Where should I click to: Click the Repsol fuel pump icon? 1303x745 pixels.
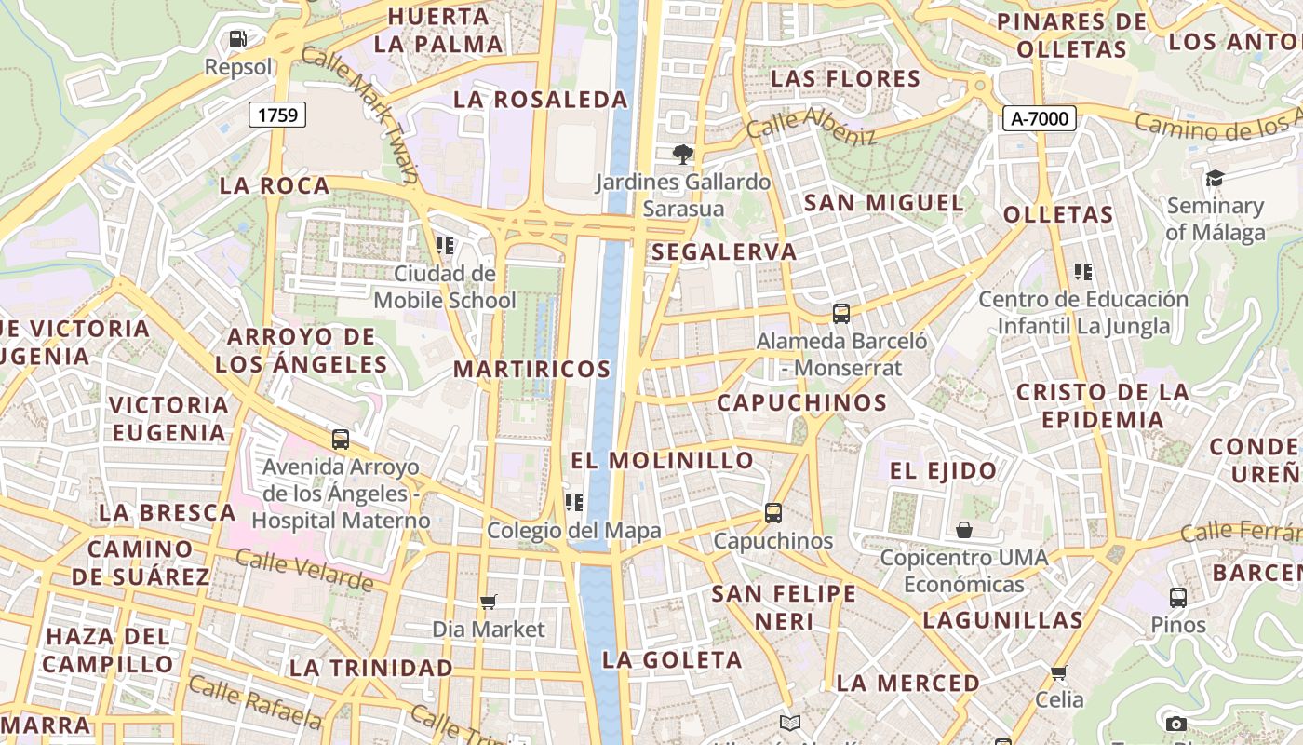coord(238,39)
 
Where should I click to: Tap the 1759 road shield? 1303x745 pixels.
coord(277,115)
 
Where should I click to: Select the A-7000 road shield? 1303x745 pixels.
coord(1040,118)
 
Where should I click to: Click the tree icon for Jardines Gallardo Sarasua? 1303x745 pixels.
coord(683,154)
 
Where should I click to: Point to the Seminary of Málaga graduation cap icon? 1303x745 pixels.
coord(1215,178)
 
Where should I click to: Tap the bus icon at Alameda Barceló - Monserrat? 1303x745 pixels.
coord(841,314)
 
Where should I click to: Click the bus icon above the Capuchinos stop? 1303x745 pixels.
coord(773,512)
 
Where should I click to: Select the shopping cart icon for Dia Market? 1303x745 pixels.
coord(489,602)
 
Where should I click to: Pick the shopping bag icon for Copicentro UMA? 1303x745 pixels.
coord(964,530)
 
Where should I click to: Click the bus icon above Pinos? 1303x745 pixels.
coord(1178,597)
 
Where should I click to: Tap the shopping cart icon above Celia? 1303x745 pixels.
coord(1058,672)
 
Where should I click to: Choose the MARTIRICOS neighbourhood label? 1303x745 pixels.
coord(531,369)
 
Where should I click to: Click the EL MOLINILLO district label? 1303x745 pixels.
coord(662,460)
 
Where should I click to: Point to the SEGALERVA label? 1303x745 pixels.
coord(724,251)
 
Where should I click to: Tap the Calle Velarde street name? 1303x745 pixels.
coord(303,570)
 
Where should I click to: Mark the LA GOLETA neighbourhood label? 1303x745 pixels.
coord(672,660)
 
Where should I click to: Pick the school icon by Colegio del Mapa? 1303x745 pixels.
coord(574,503)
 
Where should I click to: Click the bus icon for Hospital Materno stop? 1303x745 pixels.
coord(341,440)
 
